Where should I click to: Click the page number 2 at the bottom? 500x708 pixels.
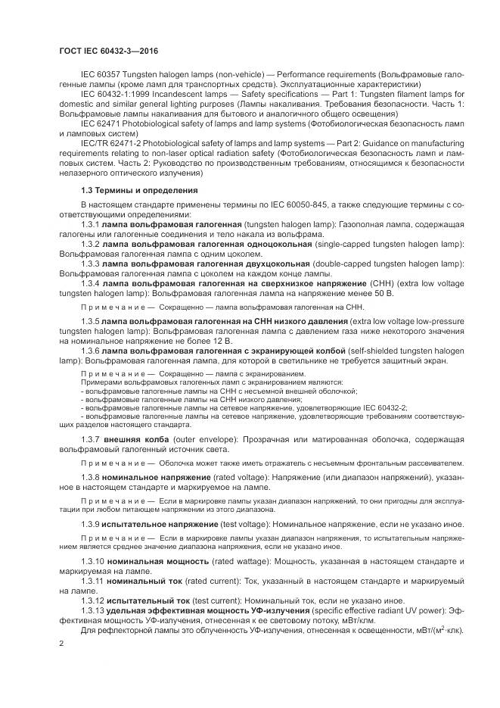[x=62, y=644]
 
